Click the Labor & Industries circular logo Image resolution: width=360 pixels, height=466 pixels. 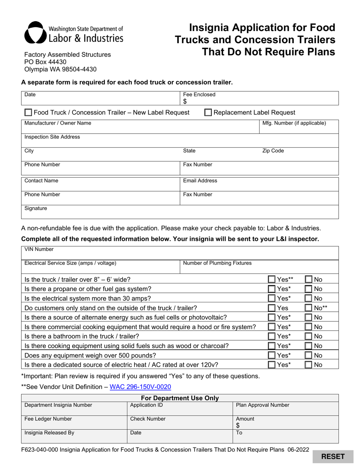coord(35,33)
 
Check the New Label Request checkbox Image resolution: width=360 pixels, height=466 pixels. coord(28,113)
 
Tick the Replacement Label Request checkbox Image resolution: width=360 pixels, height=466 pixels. coord(208,113)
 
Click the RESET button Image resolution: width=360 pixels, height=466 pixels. coord(333,457)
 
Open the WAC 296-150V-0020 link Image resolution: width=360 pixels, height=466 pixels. coord(140,387)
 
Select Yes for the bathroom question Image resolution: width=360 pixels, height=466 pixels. coord(272,336)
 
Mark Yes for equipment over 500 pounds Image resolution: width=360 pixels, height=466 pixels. coord(272,355)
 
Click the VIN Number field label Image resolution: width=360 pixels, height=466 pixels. coord(39,249)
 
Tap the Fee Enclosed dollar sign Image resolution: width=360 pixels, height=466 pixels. coord(185,101)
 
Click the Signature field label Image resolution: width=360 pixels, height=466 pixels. coord(36,208)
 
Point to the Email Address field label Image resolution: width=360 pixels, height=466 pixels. coord(200,181)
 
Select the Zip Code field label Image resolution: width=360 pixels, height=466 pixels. coord(273,151)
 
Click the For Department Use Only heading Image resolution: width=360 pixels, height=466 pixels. coord(180,398)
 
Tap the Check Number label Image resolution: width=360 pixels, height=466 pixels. coord(148,419)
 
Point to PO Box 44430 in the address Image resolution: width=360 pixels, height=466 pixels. coord(45,62)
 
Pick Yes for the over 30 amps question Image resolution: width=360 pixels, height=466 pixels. coord(272,299)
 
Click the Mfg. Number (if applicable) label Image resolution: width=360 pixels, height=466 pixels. coord(294,123)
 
